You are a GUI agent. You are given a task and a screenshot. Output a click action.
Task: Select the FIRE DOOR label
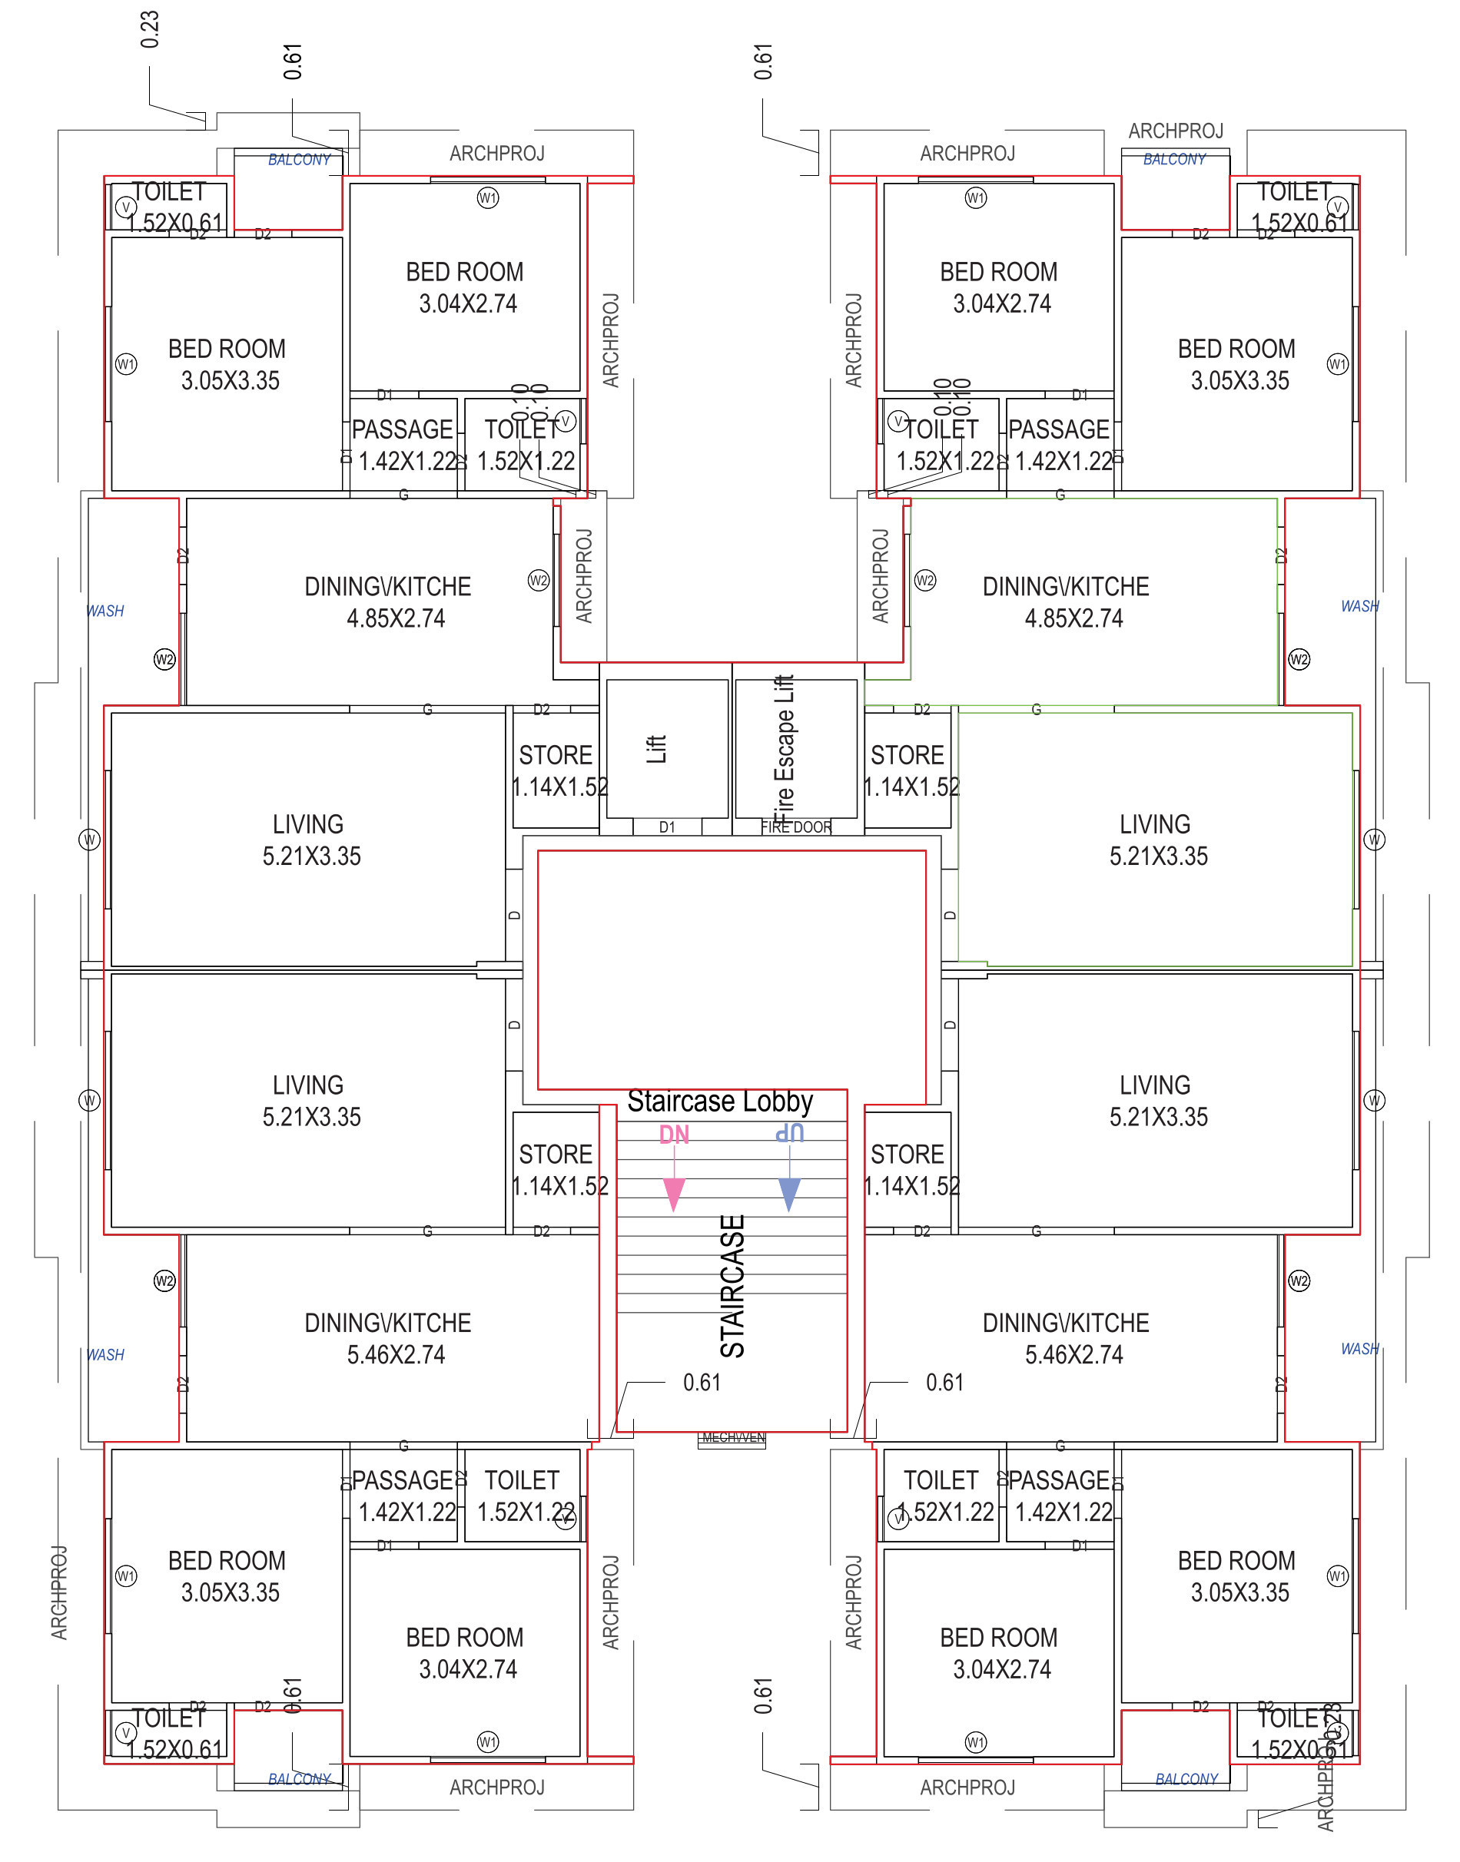point(796,827)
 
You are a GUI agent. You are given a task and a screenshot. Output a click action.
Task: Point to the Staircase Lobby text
point(720,1102)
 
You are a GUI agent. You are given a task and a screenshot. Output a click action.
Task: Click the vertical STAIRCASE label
point(733,1286)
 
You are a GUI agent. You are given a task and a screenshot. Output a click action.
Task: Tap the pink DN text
point(674,1135)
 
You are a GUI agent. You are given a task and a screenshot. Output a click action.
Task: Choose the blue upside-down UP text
point(790,1133)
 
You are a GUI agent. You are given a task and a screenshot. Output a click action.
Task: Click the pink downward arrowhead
point(674,1194)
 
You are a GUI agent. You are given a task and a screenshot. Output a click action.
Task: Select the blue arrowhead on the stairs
point(790,1194)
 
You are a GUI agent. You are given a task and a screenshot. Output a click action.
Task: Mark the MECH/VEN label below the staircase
point(732,1437)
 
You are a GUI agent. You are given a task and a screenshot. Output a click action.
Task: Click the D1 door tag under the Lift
point(667,827)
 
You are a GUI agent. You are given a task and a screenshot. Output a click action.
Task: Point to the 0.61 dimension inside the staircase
point(702,1383)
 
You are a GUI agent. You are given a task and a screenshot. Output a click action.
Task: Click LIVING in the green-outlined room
point(1155,825)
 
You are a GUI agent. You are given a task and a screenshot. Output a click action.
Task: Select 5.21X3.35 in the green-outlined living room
point(1158,856)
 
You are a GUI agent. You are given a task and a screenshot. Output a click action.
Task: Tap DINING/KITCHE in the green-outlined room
point(1065,587)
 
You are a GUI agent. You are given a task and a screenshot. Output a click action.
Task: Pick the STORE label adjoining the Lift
point(556,755)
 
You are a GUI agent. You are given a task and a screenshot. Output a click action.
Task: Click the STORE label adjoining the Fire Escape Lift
point(907,755)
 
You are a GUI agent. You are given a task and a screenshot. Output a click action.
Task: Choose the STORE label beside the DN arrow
point(556,1155)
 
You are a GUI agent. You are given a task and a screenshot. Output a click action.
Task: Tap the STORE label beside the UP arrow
point(907,1155)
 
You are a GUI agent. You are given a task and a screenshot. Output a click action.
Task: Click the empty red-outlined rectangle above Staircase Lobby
point(731,970)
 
